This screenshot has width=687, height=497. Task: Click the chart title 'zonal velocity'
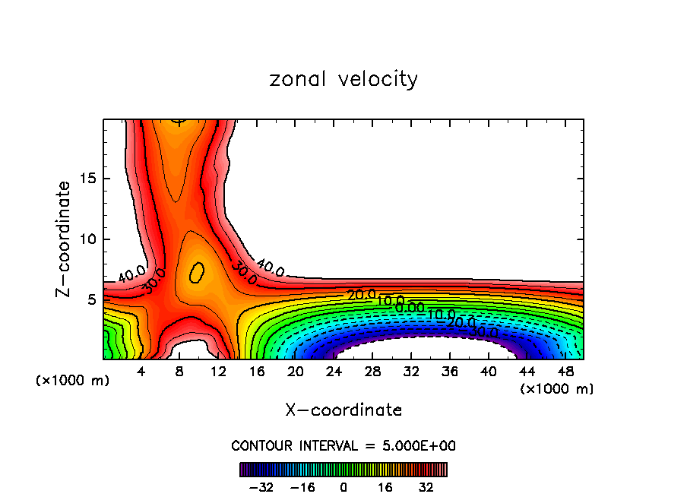343,79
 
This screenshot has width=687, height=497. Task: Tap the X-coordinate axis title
343,410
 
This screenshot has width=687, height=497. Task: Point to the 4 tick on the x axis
141,372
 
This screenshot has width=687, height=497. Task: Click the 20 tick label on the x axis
296,372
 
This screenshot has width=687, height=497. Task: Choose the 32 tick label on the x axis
411,372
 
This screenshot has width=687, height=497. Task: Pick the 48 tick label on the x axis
565,372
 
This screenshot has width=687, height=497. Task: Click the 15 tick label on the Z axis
88,179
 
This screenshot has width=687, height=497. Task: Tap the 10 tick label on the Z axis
88,239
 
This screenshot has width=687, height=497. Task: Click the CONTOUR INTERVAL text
343,445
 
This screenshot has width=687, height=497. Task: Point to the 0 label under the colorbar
343,487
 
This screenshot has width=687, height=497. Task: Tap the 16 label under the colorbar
385,487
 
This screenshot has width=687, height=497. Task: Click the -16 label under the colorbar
302,487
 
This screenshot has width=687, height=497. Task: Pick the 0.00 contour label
410,308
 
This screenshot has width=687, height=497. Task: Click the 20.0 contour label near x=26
361,295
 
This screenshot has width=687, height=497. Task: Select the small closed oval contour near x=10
197,272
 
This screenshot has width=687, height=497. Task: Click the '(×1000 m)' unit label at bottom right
557,389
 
